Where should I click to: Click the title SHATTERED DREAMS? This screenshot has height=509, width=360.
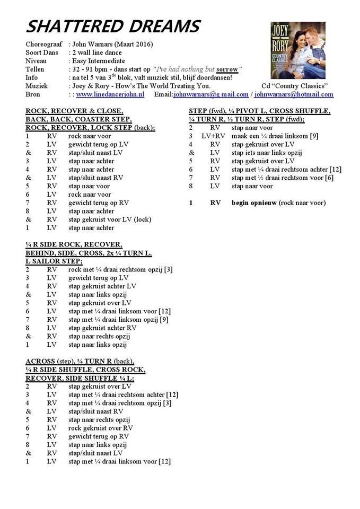[113, 26]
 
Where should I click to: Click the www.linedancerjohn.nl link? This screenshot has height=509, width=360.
[110, 94]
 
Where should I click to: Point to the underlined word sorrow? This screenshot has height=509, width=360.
[227, 69]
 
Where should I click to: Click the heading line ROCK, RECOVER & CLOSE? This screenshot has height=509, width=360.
[74, 111]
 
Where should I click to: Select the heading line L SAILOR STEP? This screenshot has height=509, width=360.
[54, 261]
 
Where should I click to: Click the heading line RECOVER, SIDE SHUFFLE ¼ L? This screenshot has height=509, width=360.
[80, 378]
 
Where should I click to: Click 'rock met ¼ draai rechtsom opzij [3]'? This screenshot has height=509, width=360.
[120, 270]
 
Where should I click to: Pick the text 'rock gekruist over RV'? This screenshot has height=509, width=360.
[101, 428]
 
